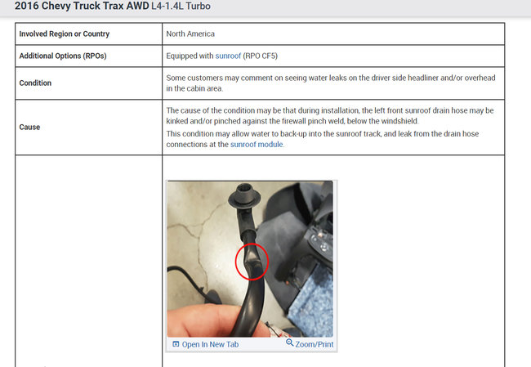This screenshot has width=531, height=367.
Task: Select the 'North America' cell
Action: click(x=190, y=34)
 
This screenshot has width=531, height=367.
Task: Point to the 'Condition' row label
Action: click(x=36, y=83)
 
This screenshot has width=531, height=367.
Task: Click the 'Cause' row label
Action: click(x=29, y=127)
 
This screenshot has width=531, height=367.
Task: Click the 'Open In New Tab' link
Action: click(x=210, y=344)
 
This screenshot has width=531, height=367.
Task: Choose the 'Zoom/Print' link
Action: click(x=315, y=344)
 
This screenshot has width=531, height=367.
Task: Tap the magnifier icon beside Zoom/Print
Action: click(x=290, y=343)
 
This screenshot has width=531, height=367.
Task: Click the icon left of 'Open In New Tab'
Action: click(x=176, y=344)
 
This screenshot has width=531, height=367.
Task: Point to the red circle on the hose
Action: click(x=252, y=263)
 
